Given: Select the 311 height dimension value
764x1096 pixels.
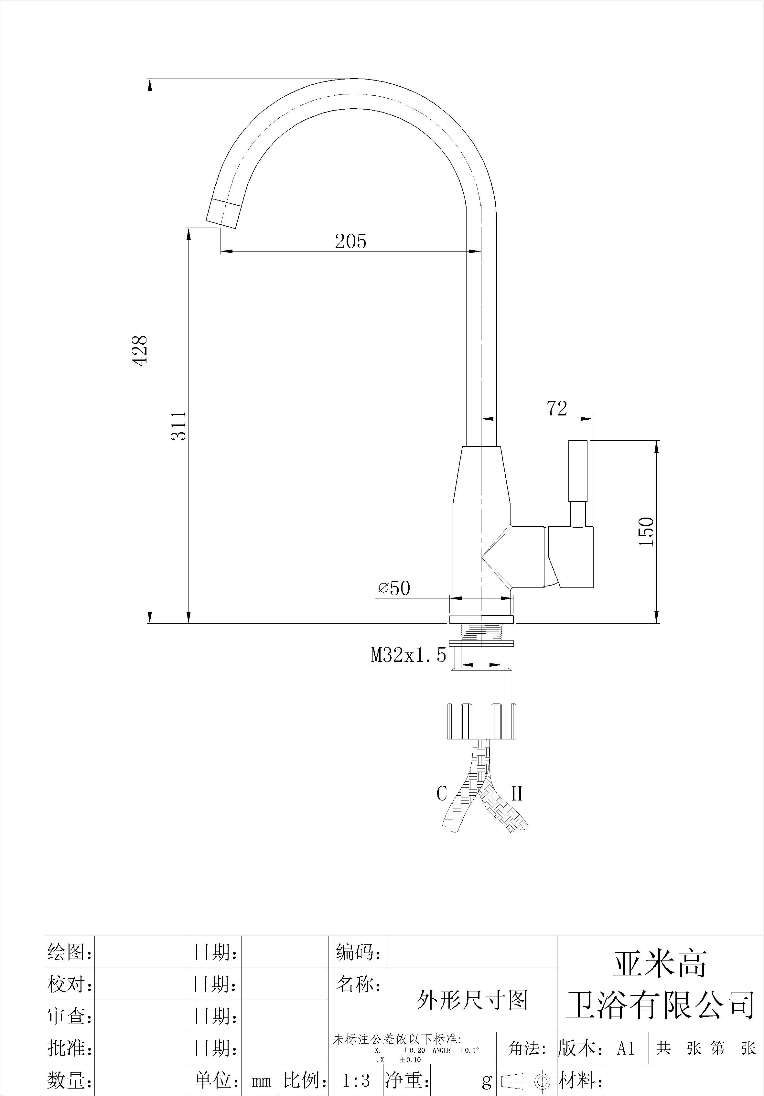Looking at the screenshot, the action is [178, 425].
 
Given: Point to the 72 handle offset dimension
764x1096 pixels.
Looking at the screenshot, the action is [556, 408].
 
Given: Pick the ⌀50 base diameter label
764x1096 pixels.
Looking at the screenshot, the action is [394, 588].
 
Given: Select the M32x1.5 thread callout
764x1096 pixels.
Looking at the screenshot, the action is [409, 655].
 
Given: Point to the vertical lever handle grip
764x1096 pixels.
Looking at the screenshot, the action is [578, 470].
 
